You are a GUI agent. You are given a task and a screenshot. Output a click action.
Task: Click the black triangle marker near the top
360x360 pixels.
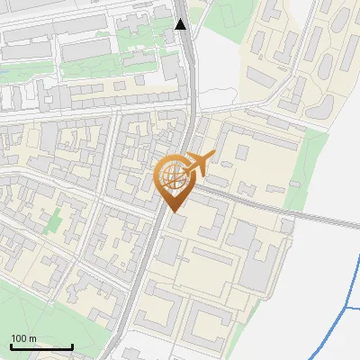(181, 24)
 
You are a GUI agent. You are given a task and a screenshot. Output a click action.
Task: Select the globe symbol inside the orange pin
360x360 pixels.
(174, 175)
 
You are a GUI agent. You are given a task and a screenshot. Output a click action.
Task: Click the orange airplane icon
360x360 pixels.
(201, 163)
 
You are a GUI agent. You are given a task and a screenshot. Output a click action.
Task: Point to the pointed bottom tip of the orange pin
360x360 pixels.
(174, 211)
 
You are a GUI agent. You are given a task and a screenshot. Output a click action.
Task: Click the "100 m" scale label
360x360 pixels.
(24, 338)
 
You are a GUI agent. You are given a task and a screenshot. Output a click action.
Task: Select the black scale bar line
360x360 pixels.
(41, 346)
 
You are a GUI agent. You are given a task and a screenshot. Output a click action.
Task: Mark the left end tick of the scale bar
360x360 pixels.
(11, 346)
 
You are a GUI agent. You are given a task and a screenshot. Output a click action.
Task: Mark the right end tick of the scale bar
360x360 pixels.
(72, 346)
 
